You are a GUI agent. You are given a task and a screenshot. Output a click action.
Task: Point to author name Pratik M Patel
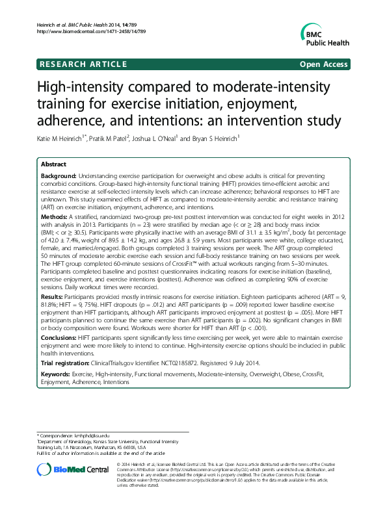pos(113,138)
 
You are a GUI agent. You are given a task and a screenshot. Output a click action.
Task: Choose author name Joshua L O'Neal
pos(155,138)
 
